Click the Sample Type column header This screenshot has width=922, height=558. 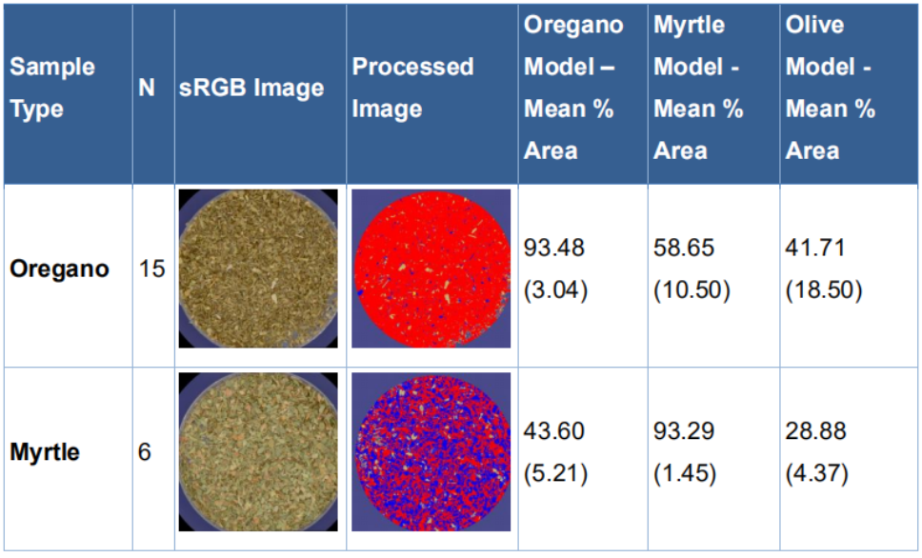coord(52,88)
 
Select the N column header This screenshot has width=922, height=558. coord(147,88)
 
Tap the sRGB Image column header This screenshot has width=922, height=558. coord(251,88)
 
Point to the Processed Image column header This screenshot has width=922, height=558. coord(412,88)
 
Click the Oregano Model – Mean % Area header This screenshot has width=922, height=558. coord(573,88)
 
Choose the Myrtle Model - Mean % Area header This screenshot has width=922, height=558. coord(698,88)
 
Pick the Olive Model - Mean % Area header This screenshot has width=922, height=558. coord(831,88)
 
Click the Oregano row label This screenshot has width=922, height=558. coord(59,269)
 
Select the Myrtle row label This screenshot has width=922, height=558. coord(45,451)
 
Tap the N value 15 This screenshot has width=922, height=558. coord(151,269)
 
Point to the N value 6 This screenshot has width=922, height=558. coord(145,451)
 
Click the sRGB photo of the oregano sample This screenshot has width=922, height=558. coord(258,269)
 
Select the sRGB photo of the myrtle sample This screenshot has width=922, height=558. coord(258,451)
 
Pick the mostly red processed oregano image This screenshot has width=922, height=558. coord(431,269)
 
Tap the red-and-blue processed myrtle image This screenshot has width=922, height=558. coord(431,451)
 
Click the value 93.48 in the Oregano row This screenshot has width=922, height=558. coord(554,248)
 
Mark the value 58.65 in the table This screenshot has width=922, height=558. coord(684,248)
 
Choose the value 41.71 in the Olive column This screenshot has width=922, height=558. coord(815,248)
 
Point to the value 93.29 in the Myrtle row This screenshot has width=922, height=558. coord(684,431)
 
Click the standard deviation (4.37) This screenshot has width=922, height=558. coord(816,473)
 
